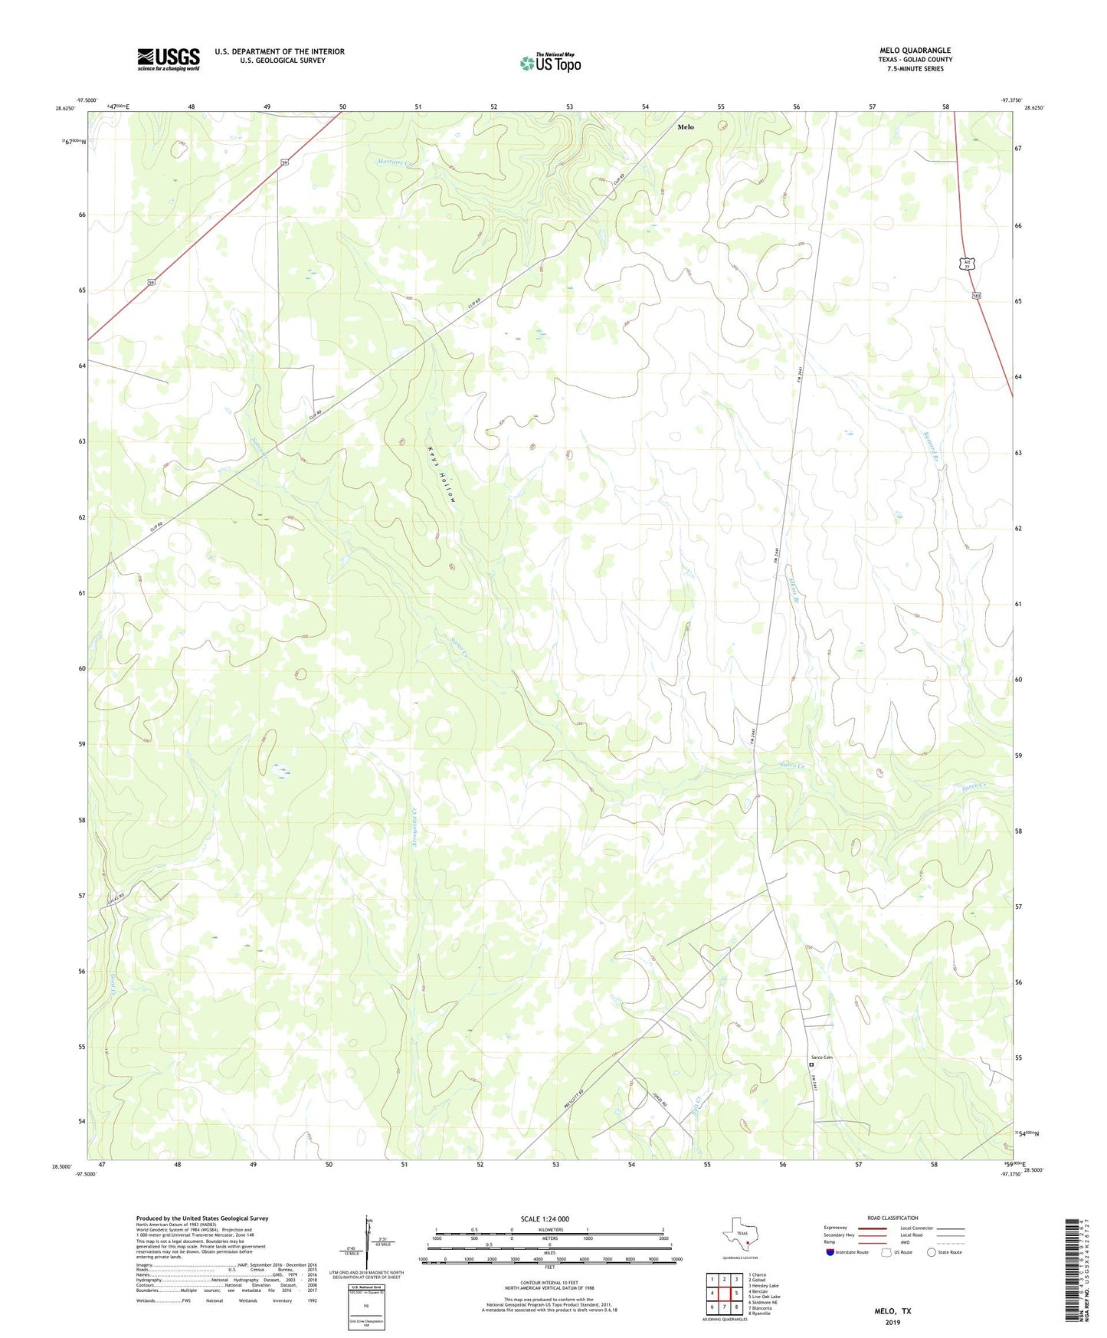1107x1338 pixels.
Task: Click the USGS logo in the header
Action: pyautogui.click(x=169, y=59)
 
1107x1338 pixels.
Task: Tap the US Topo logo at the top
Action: pyautogui.click(x=550, y=63)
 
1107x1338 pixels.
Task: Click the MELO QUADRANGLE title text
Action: pyautogui.click(x=915, y=51)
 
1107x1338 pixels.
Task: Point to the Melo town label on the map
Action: pyautogui.click(x=685, y=127)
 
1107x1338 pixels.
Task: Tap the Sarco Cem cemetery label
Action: pyautogui.click(x=821, y=1058)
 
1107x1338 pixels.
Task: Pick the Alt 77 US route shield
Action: pyautogui.click(x=967, y=264)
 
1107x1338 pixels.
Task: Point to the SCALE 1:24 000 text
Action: pyautogui.click(x=544, y=1219)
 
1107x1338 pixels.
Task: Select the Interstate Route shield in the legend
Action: pyautogui.click(x=830, y=1252)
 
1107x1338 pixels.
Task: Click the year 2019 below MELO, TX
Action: pyautogui.click(x=892, y=1322)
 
